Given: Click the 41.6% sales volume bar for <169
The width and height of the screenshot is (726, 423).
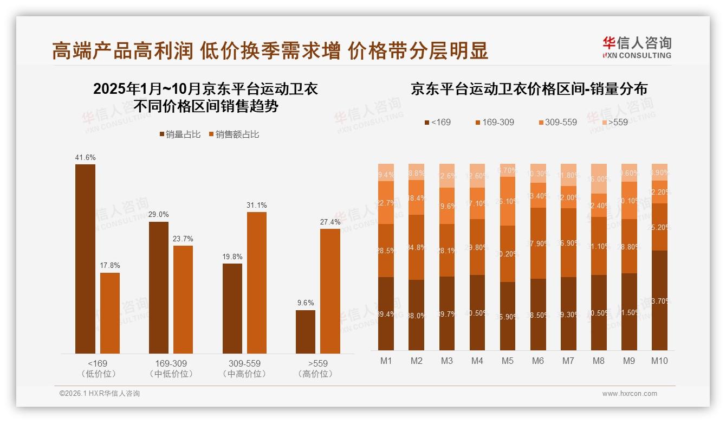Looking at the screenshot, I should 85,259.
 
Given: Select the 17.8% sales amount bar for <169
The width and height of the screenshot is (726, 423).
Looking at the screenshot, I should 110,313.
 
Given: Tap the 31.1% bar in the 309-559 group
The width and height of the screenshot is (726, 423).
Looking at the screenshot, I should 257,283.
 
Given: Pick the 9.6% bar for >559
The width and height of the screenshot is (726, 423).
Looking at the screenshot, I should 306,332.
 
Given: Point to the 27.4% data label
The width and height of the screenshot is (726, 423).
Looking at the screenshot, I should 330,222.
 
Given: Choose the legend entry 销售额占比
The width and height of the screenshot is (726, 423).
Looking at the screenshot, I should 234,134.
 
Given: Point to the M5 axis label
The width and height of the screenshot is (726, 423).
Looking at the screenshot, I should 507,361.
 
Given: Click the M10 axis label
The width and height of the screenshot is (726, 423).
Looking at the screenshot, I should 659,361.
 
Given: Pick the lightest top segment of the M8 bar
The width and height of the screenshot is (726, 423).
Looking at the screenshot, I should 599,179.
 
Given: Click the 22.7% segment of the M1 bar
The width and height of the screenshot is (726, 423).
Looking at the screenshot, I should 386,202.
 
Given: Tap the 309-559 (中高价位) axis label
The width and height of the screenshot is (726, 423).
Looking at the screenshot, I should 245,368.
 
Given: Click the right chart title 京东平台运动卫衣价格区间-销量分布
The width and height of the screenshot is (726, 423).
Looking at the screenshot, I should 529,89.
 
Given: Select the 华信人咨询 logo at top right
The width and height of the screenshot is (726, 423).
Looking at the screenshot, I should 637,47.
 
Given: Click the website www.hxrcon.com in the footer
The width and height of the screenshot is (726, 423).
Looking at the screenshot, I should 630,394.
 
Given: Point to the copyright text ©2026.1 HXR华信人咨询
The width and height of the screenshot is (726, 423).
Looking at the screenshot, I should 99,394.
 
